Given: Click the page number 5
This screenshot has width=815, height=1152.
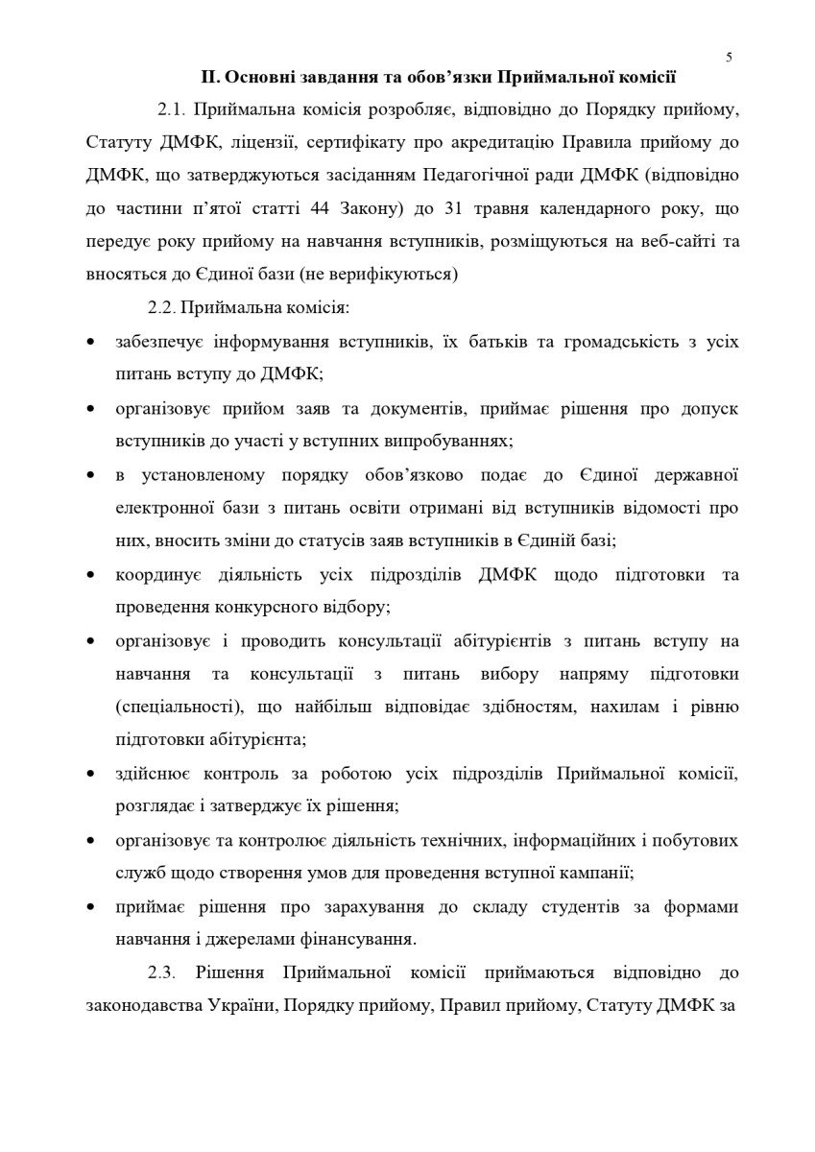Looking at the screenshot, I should point(729,57).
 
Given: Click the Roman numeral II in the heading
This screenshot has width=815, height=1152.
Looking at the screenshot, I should point(208,77).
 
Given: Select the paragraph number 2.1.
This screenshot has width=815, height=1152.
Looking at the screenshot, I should point(170,109).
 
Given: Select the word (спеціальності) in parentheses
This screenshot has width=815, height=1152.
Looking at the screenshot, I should point(179,708).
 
